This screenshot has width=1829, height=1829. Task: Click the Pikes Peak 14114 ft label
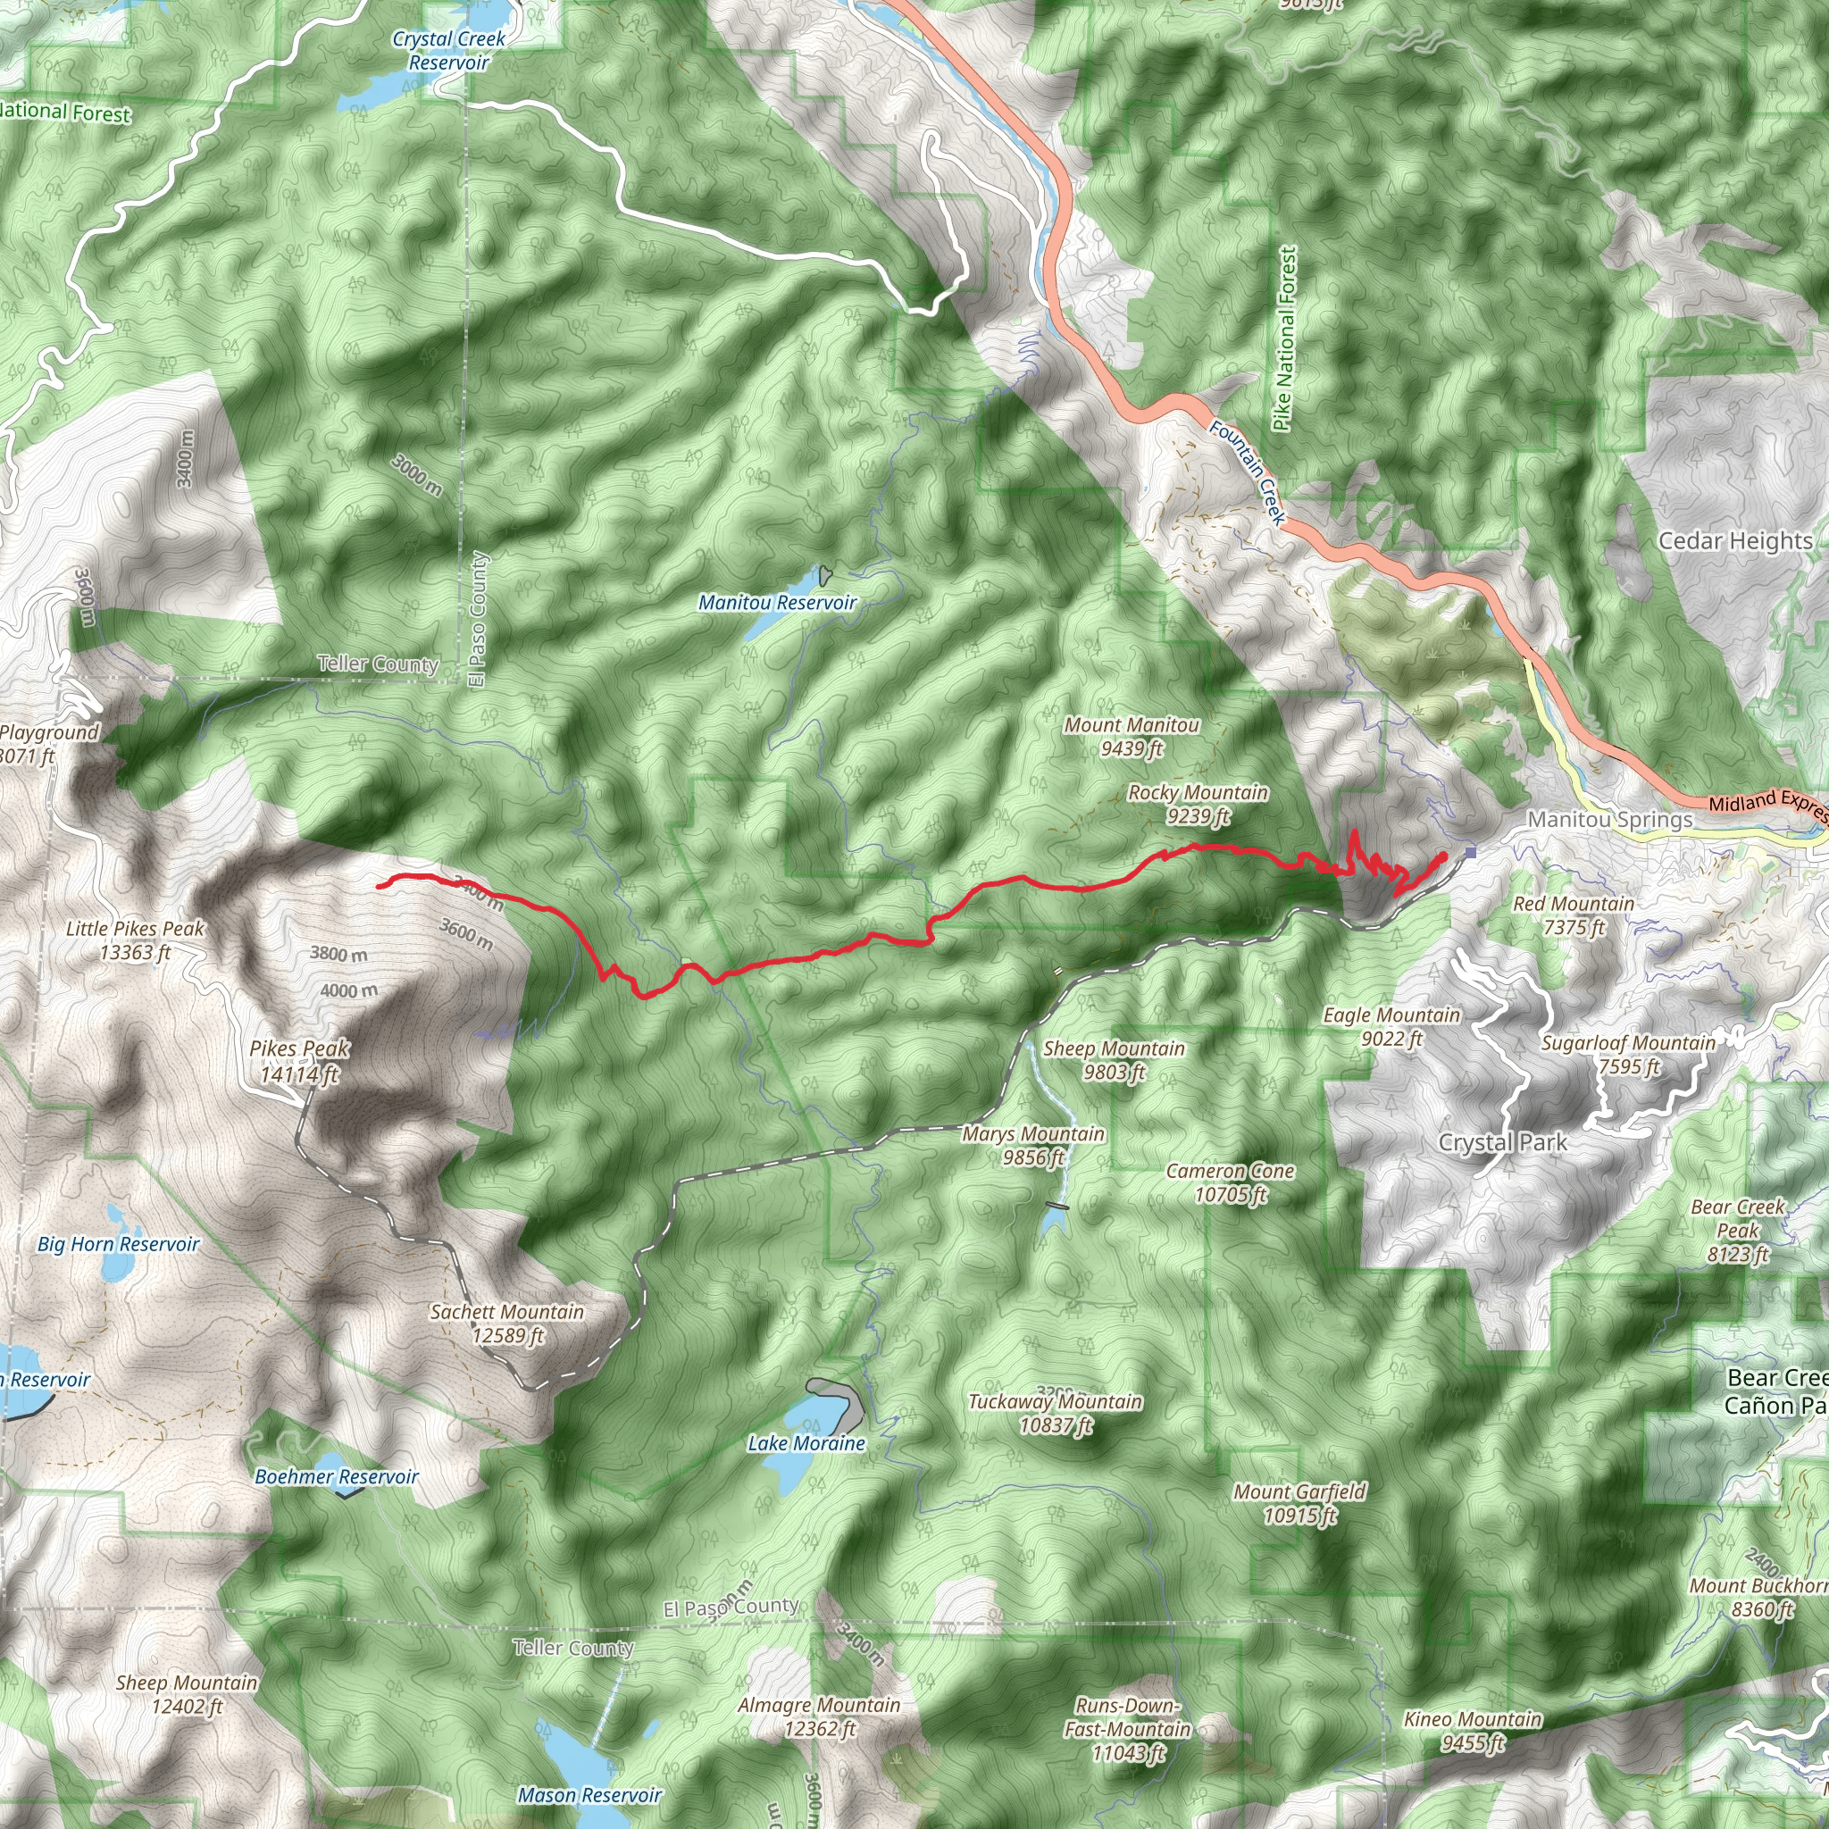[x=299, y=1061]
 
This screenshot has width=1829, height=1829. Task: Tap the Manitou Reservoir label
[x=776, y=603]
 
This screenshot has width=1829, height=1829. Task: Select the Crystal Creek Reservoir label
[x=448, y=51]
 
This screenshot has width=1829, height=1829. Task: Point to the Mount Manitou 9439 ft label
[x=1132, y=737]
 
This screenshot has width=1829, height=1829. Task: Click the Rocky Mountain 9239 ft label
[x=1198, y=804]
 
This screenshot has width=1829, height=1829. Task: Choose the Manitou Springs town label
[x=1609, y=820]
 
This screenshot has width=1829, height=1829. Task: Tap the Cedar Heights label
[x=1735, y=540]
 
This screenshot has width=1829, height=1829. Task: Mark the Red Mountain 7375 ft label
[x=1574, y=915]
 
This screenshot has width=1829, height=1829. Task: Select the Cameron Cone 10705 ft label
[x=1230, y=1182]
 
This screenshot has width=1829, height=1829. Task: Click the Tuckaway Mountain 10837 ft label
[x=1055, y=1414]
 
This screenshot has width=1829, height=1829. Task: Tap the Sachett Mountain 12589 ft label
[x=506, y=1324]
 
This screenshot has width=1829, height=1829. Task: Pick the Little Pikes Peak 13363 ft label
[x=136, y=940]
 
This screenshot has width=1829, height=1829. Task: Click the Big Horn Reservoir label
[x=119, y=1244]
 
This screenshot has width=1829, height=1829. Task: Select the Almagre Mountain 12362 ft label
[x=819, y=1716]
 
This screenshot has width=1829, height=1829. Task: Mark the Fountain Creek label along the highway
[x=1248, y=473]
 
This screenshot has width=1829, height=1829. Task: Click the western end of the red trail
[x=380, y=886]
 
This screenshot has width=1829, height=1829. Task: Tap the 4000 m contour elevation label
[x=348, y=991]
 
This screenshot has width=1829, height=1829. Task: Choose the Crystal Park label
[x=1502, y=1142]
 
